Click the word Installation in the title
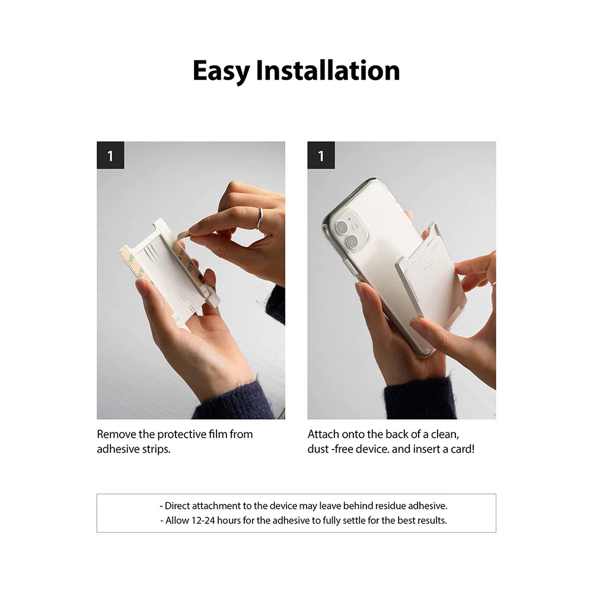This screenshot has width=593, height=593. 328,71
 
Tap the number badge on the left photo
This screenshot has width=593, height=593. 110,155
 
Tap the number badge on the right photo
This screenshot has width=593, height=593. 321,155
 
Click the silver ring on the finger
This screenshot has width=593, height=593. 260,218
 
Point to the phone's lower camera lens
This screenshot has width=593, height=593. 352,240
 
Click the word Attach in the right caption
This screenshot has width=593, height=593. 323,434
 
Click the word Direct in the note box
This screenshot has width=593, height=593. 178,506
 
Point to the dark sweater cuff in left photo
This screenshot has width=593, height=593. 237,400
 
